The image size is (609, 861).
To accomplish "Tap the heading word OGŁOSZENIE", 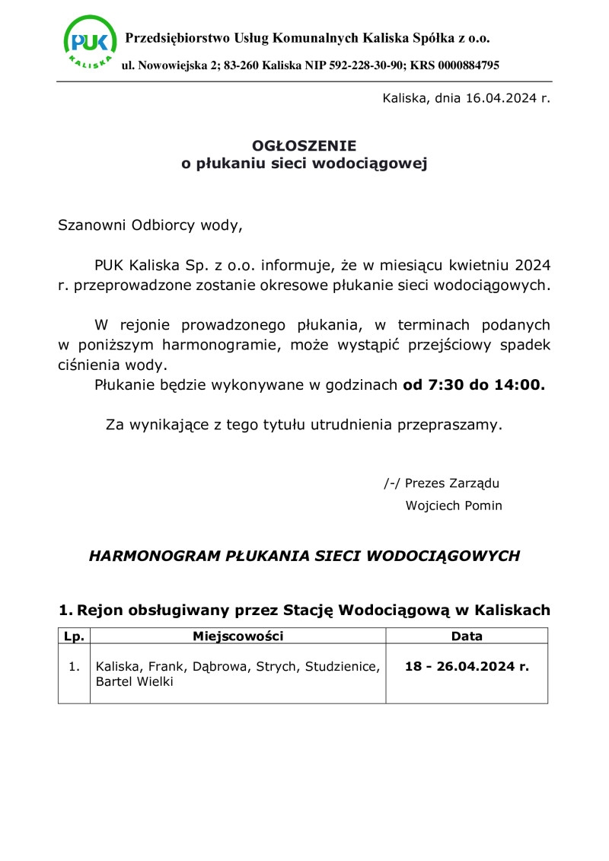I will [304, 145].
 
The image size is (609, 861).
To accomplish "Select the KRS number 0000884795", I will [469, 65].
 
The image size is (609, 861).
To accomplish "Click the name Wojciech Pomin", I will [454, 505].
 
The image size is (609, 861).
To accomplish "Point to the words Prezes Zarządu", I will [452, 483].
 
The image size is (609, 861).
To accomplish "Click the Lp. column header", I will [74, 636].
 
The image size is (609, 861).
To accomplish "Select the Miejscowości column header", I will [238, 636].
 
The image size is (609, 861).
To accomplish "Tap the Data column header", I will [467, 636].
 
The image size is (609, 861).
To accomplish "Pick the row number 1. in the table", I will [74, 667].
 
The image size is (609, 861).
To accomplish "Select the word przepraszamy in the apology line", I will [448, 425].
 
